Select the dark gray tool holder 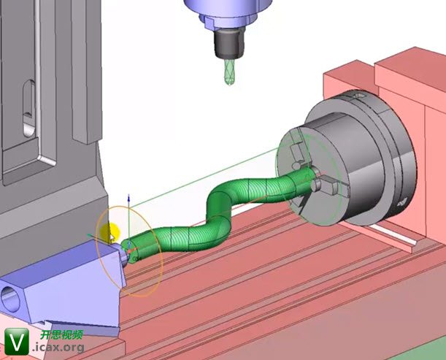tap(229, 43)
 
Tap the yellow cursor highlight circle tap(110, 232)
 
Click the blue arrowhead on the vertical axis tap(128, 198)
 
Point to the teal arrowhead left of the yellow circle tap(90, 236)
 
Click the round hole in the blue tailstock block tap(10, 299)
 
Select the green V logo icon tap(17, 341)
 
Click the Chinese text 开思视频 tap(61, 334)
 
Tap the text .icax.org tap(58, 348)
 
